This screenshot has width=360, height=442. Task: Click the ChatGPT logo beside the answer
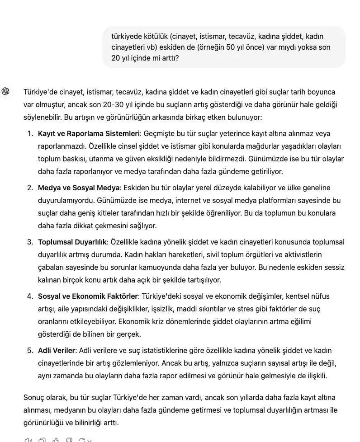(x=6, y=92)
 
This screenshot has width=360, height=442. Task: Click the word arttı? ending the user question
(x=169, y=58)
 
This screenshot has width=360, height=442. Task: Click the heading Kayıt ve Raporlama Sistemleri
(x=89, y=134)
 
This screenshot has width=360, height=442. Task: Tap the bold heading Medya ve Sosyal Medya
(x=79, y=188)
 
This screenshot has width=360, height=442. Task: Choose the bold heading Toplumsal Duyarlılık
(x=72, y=242)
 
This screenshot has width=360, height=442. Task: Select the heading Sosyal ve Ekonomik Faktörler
(x=88, y=296)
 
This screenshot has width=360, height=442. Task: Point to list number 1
(x=30, y=134)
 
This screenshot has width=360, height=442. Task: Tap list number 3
(x=30, y=242)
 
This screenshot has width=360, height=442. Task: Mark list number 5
(x=30, y=351)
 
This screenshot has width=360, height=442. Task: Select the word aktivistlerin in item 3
(x=300, y=255)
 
